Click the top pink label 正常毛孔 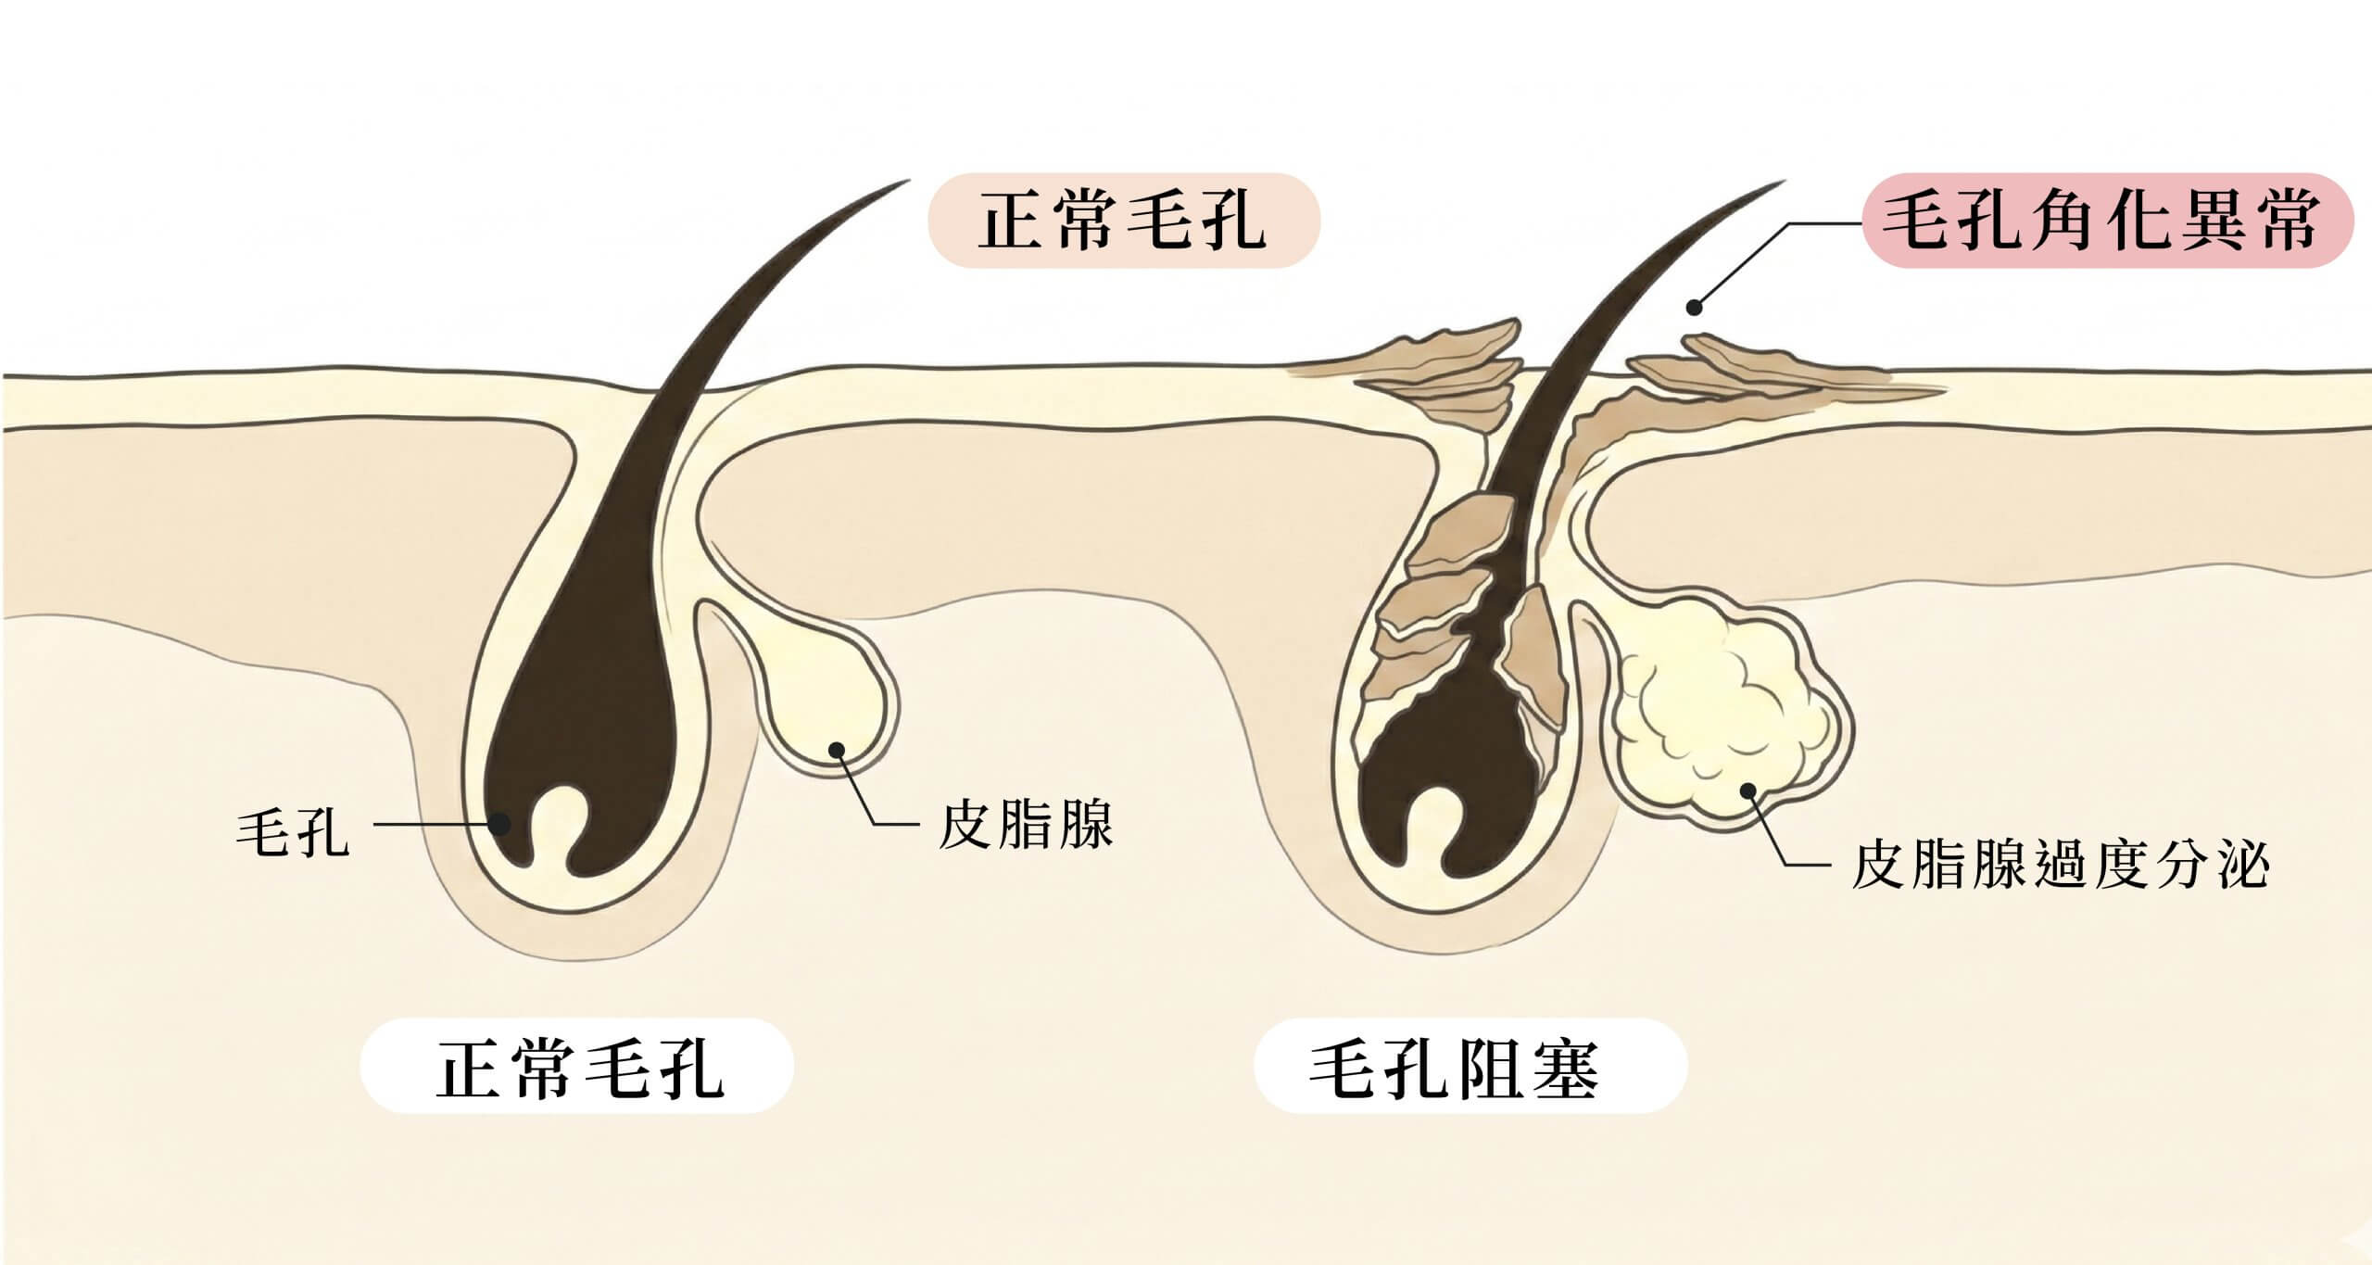1123,221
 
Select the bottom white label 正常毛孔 578,1067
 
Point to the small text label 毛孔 293,828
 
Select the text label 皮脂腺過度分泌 2059,865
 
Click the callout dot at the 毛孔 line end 501,824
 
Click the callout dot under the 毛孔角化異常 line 1695,307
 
